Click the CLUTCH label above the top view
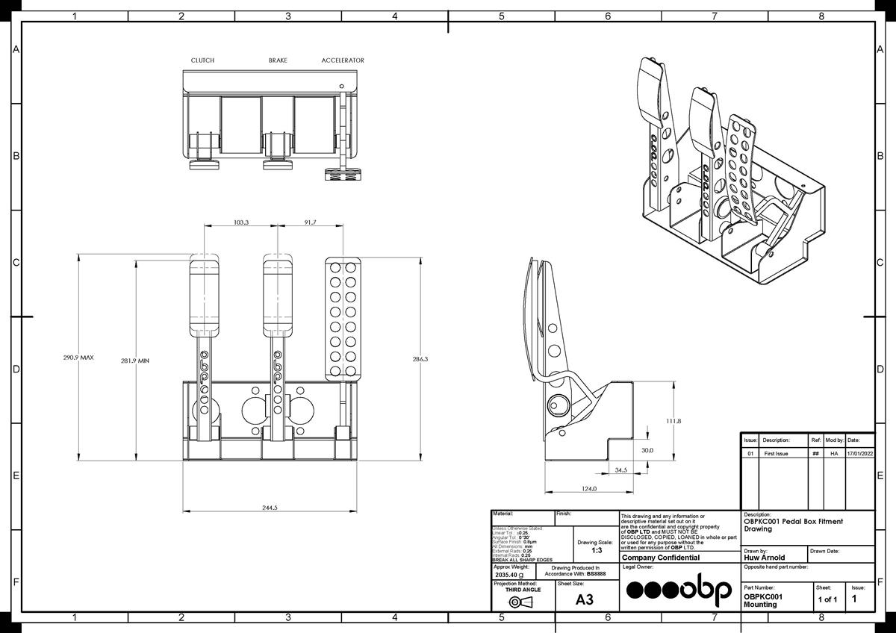pos(202,60)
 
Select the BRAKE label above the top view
pos(278,60)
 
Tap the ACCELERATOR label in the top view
pos(343,60)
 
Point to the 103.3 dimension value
pos(241,222)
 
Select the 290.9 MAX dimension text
pos(78,358)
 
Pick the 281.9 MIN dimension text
pos(135,361)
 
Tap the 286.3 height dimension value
pos(420,359)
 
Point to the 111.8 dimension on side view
pos(673,421)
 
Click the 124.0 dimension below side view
pos(589,489)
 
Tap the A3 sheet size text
pos(585,599)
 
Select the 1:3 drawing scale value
pos(597,550)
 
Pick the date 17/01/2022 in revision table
pos(859,453)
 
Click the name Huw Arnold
pos(765,558)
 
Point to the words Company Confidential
pos(661,558)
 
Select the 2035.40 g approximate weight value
pos(509,576)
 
